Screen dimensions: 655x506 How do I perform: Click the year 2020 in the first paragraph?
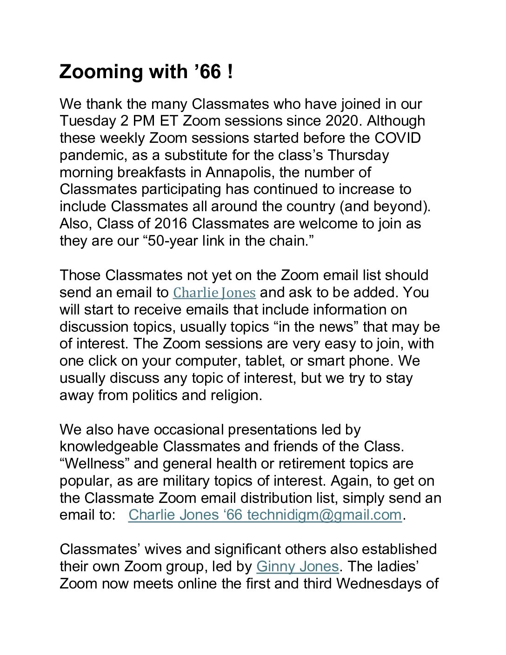pos(342,121)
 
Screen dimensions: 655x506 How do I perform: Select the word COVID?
pos(398,138)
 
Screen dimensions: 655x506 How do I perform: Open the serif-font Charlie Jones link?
pos(214,293)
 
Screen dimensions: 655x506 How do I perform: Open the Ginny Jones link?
pos(297,567)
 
